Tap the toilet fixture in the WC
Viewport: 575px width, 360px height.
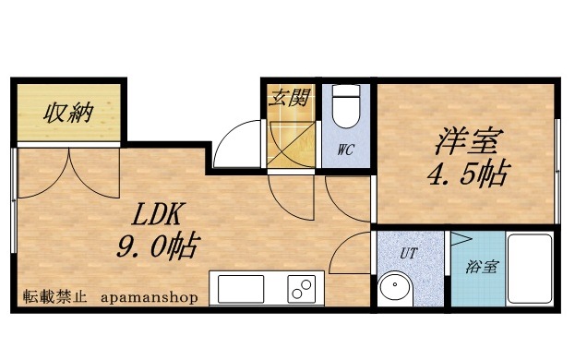(346, 107)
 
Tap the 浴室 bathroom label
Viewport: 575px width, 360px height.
(482, 268)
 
